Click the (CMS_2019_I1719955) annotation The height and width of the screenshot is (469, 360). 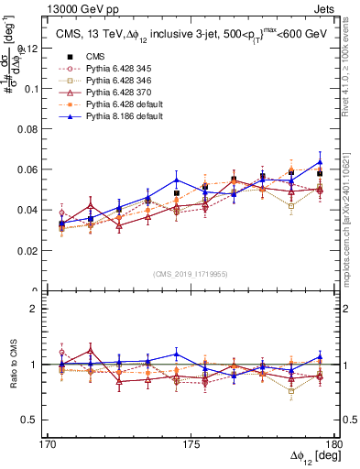(x=191, y=274)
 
